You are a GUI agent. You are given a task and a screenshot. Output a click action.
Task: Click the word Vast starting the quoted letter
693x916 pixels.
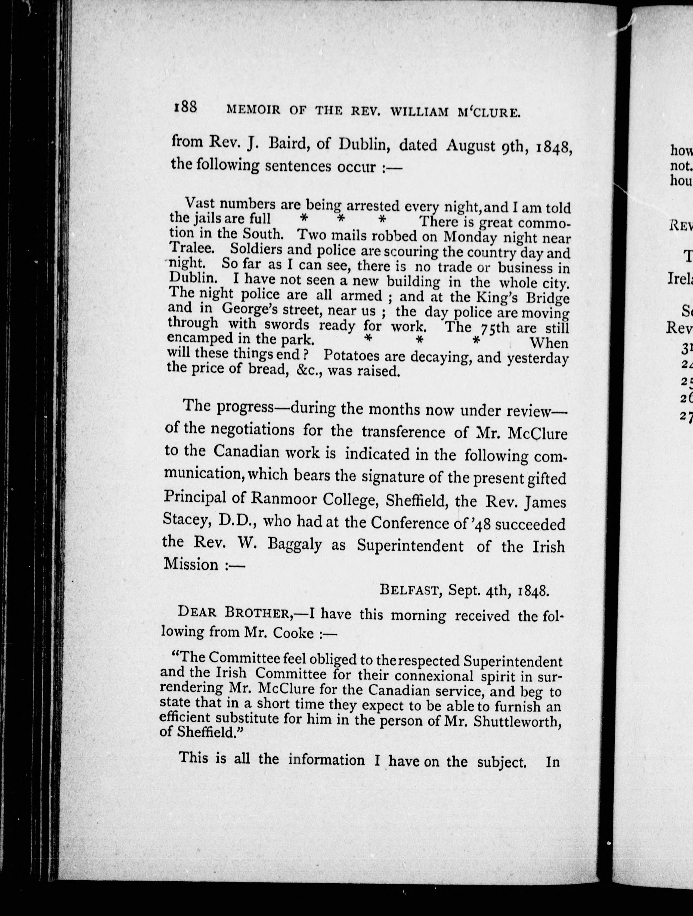(200, 203)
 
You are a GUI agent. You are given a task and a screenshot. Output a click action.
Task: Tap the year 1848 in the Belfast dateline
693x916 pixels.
(534, 591)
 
